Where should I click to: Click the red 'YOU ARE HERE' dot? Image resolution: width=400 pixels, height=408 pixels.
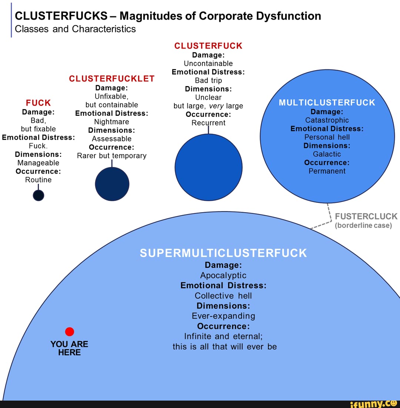pos(69,332)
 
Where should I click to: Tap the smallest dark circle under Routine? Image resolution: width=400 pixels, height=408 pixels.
pos(39,195)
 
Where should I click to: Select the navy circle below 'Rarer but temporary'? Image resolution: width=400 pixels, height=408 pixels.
pos(112,184)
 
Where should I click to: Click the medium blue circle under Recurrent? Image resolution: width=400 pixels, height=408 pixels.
pos(209,167)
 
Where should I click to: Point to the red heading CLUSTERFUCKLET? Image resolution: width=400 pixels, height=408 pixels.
pos(111,79)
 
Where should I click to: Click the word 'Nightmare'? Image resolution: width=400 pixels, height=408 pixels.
pos(111,122)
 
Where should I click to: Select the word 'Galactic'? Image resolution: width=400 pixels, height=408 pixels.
pos(327,154)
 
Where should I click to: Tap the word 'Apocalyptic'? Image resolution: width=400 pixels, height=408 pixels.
pos(223,275)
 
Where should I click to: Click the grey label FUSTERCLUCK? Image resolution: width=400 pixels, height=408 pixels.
pos(366,217)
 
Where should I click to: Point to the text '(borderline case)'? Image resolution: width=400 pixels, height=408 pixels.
pos(363,226)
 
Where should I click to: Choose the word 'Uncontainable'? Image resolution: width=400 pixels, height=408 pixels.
pos(208,63)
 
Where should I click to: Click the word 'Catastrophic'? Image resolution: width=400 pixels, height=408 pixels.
pos(327,120)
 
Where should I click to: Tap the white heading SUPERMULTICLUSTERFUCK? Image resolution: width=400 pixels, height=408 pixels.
pos(223,253)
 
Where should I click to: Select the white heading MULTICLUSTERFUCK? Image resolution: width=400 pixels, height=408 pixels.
pos(327,103)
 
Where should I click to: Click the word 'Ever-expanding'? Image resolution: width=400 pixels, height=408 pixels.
pos(223,316)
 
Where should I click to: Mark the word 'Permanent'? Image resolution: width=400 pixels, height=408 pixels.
pos(327,171)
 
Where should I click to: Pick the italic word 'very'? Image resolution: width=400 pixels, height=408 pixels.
pos(216,106)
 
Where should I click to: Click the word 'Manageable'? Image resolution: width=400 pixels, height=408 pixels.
pos(38,163)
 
